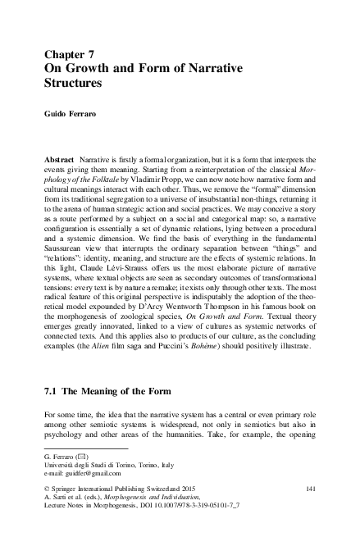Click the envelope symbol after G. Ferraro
(x=84, y=455)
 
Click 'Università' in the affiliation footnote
(x=63, y=465)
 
